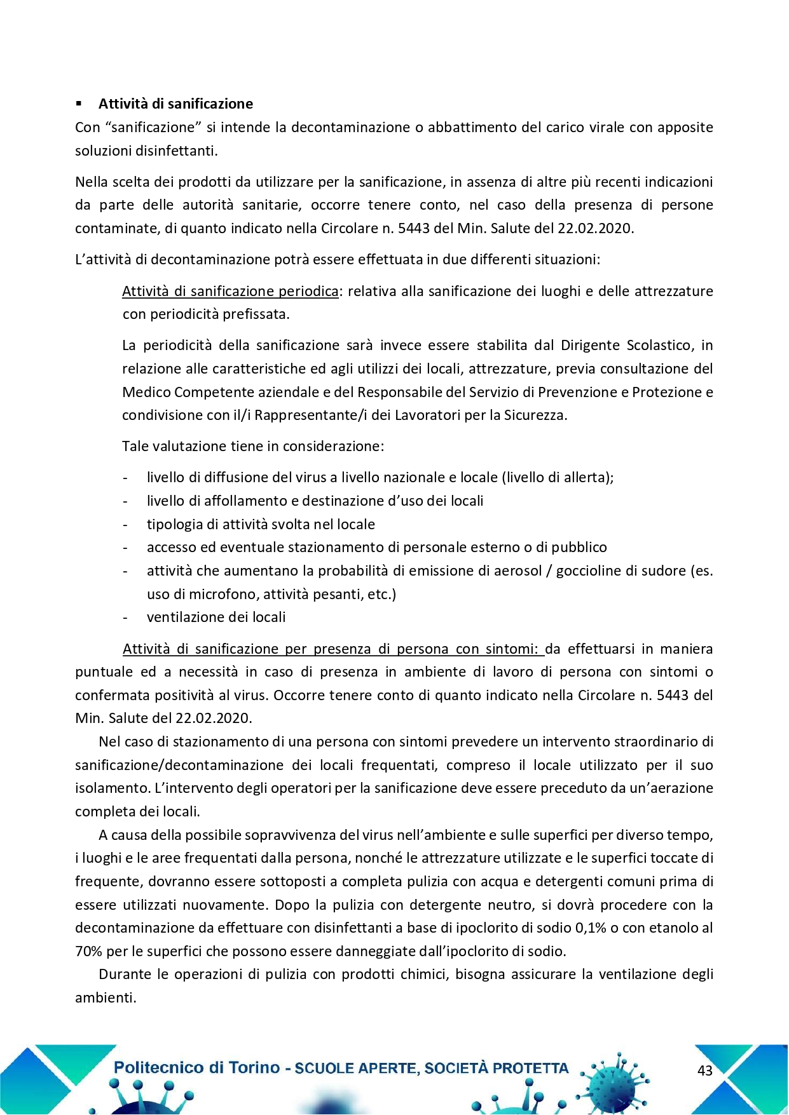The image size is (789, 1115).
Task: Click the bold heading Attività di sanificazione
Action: [175, 104]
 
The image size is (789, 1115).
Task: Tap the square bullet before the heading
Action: [79, 104]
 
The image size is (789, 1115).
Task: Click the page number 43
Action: [704, 1071]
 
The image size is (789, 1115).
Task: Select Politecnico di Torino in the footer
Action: [196, 1068]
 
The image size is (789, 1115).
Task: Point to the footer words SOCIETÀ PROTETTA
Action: [497, 1069]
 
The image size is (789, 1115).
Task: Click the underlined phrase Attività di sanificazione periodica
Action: [230, 291]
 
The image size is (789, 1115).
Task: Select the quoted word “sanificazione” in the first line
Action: [153, 127]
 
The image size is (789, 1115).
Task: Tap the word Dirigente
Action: [591, 345]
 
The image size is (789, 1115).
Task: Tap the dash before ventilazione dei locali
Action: [125, 617]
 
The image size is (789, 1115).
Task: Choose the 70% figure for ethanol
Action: [88, 951]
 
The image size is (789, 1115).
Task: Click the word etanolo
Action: [674, 928]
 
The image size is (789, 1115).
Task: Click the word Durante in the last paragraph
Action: [125, 974]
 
